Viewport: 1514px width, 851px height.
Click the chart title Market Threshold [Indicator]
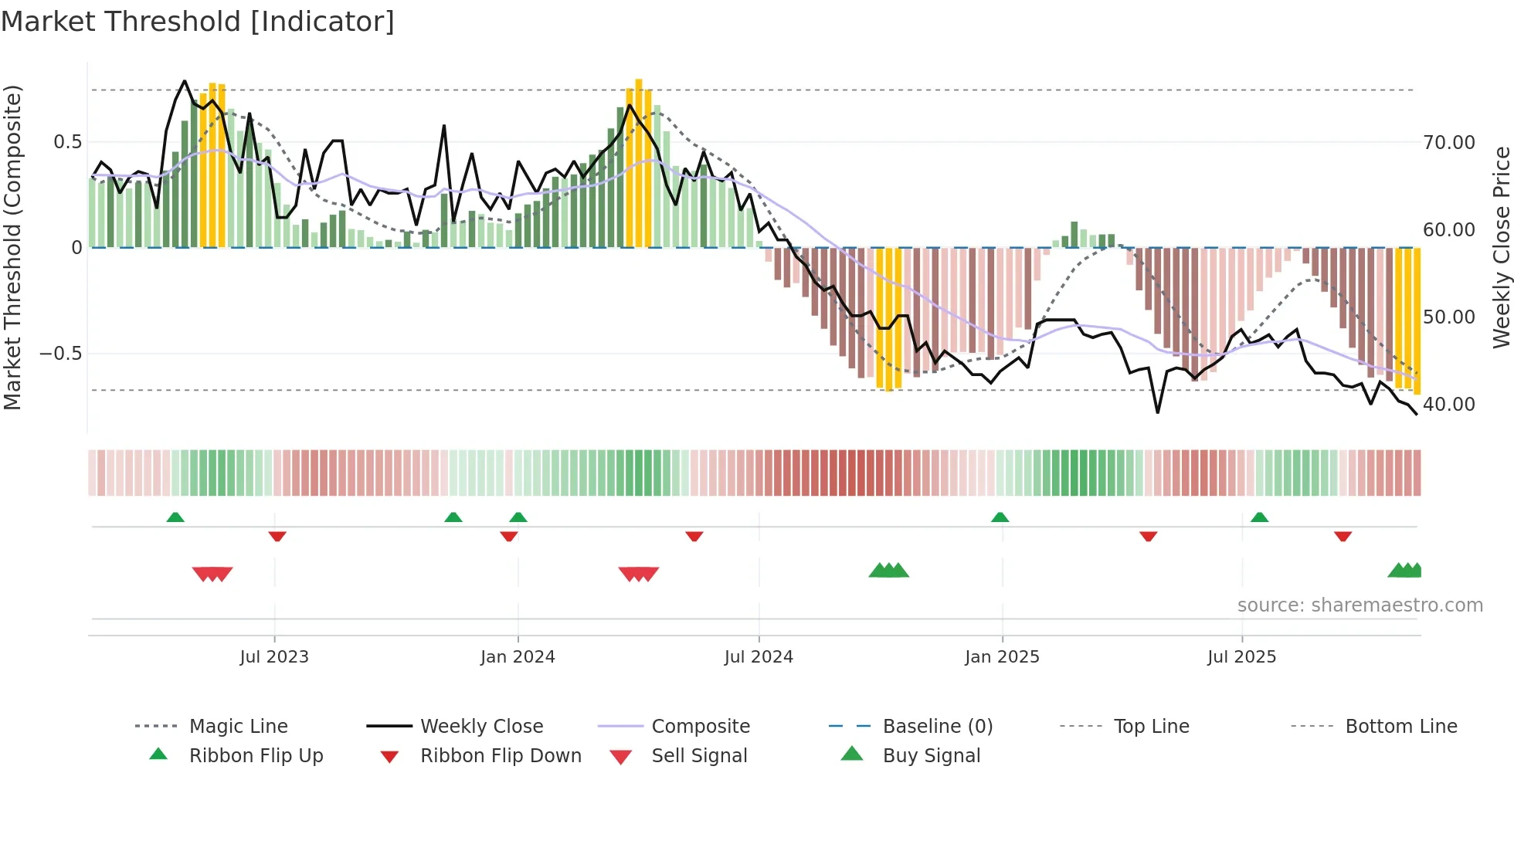point(198,22)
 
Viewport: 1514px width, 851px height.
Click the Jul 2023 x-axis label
point(274,656)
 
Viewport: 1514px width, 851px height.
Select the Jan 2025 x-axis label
point(1002,656)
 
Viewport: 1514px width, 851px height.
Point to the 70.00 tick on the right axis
point(1448,143)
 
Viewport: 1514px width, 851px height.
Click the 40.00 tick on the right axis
point(1448,405)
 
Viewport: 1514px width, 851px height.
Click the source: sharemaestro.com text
point(1360,605)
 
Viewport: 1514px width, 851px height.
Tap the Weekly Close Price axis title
point(1501,247)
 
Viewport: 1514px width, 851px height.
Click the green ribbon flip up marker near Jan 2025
point(1000,517)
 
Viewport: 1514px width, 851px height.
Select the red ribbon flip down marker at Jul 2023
point(277,536)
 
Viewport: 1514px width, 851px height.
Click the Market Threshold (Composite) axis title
point(12,247)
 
